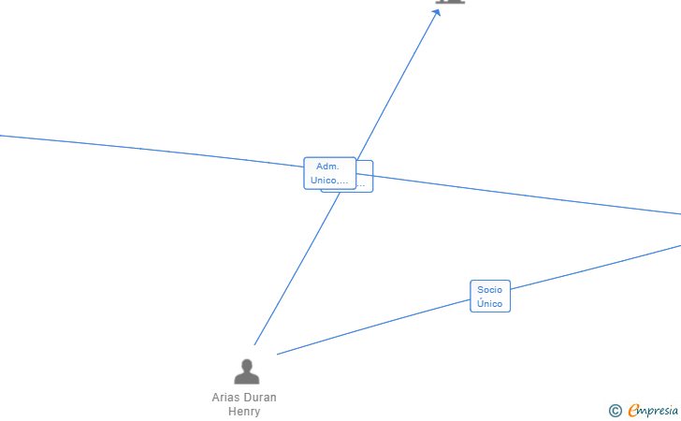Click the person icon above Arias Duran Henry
click(246, 372)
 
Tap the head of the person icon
click(246, 365)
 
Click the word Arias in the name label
click(225, 398)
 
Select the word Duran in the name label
click(259, 398)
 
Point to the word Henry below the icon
click(244, 412)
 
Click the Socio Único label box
click(490, 297)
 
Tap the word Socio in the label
click(490, 290)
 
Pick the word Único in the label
click(490, 304)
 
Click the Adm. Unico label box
click(329, 173)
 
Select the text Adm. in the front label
click(327, 167)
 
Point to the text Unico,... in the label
click(329, 180)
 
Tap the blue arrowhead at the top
click(436, 13)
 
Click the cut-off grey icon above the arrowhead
click(450, 2)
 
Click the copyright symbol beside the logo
click(615, 410)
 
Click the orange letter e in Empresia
click(633, 410)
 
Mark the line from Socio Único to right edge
click(599, 266)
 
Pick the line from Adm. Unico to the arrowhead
click(398, 84)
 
